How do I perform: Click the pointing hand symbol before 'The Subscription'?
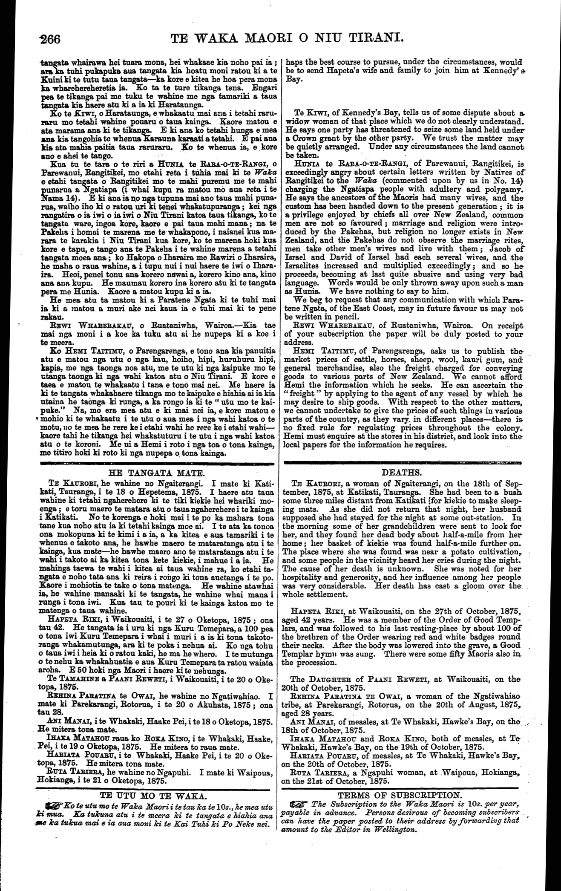click(298, 804)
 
